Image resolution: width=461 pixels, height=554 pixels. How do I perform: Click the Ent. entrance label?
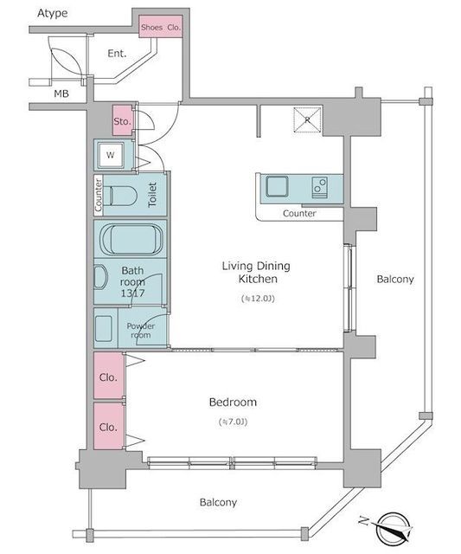tap(117, 53)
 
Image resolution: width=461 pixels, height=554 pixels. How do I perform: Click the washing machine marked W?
tap(111, 155)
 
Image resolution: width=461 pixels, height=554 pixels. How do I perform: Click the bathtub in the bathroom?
tap(130, 238)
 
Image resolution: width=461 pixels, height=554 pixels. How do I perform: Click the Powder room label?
tap(140, 331)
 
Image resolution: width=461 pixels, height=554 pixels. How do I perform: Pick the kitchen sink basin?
tap(279, 186)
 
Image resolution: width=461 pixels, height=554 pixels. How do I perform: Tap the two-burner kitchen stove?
tap(319, 187)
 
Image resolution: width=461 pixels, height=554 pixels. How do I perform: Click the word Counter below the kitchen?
tap(299, 213)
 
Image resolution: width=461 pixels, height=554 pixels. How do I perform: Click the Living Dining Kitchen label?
tap(258, 273)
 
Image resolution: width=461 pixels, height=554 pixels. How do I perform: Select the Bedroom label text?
tap(233, 403)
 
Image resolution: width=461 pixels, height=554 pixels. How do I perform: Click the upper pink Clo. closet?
tap(108, 377)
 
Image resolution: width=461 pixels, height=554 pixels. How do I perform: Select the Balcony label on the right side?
tap(395, 280)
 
